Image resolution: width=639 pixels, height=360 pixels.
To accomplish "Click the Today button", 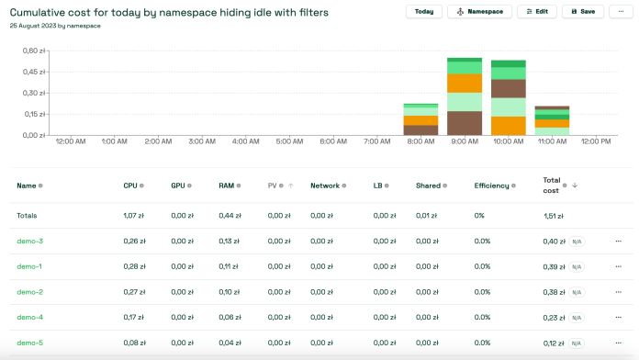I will (423, 12).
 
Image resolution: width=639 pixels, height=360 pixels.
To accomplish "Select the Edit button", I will (537, 12).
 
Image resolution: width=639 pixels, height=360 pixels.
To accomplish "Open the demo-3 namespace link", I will (30, 242).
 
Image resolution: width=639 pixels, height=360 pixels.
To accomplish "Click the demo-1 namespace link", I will (30, 267).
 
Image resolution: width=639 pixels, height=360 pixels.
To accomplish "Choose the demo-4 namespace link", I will (30, 318).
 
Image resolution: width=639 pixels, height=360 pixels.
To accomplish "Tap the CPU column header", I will (130, 186).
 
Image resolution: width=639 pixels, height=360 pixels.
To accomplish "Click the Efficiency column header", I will (491, 186).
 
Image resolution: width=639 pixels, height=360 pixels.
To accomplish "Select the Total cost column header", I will (552, 186).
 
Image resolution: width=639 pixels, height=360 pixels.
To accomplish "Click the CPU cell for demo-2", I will (135, 292).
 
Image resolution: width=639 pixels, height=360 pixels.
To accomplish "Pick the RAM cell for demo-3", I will (230, 242).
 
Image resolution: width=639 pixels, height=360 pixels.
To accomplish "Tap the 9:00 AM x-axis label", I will (465, 142).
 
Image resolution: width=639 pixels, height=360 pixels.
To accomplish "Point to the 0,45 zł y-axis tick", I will (33, 72).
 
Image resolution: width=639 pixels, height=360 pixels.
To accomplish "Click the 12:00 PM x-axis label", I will (596, 142).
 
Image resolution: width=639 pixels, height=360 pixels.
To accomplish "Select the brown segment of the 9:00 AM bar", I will (465, 123).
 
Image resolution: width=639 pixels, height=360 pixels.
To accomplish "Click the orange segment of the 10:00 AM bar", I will (508, 126).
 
